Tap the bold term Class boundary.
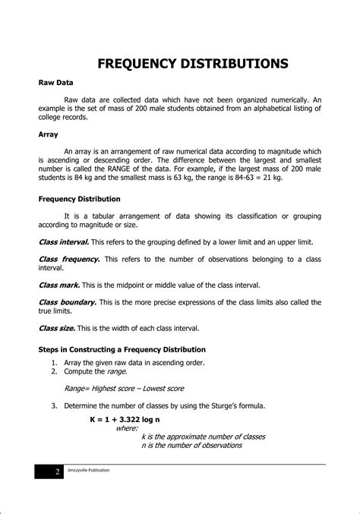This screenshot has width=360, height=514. pos(67,301)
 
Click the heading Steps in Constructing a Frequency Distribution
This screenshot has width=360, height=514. pos(122,349)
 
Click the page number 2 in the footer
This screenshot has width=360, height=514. pos(56,471)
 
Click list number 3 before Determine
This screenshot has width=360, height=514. pos(55,406)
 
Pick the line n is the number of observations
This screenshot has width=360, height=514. pos(191,445)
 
